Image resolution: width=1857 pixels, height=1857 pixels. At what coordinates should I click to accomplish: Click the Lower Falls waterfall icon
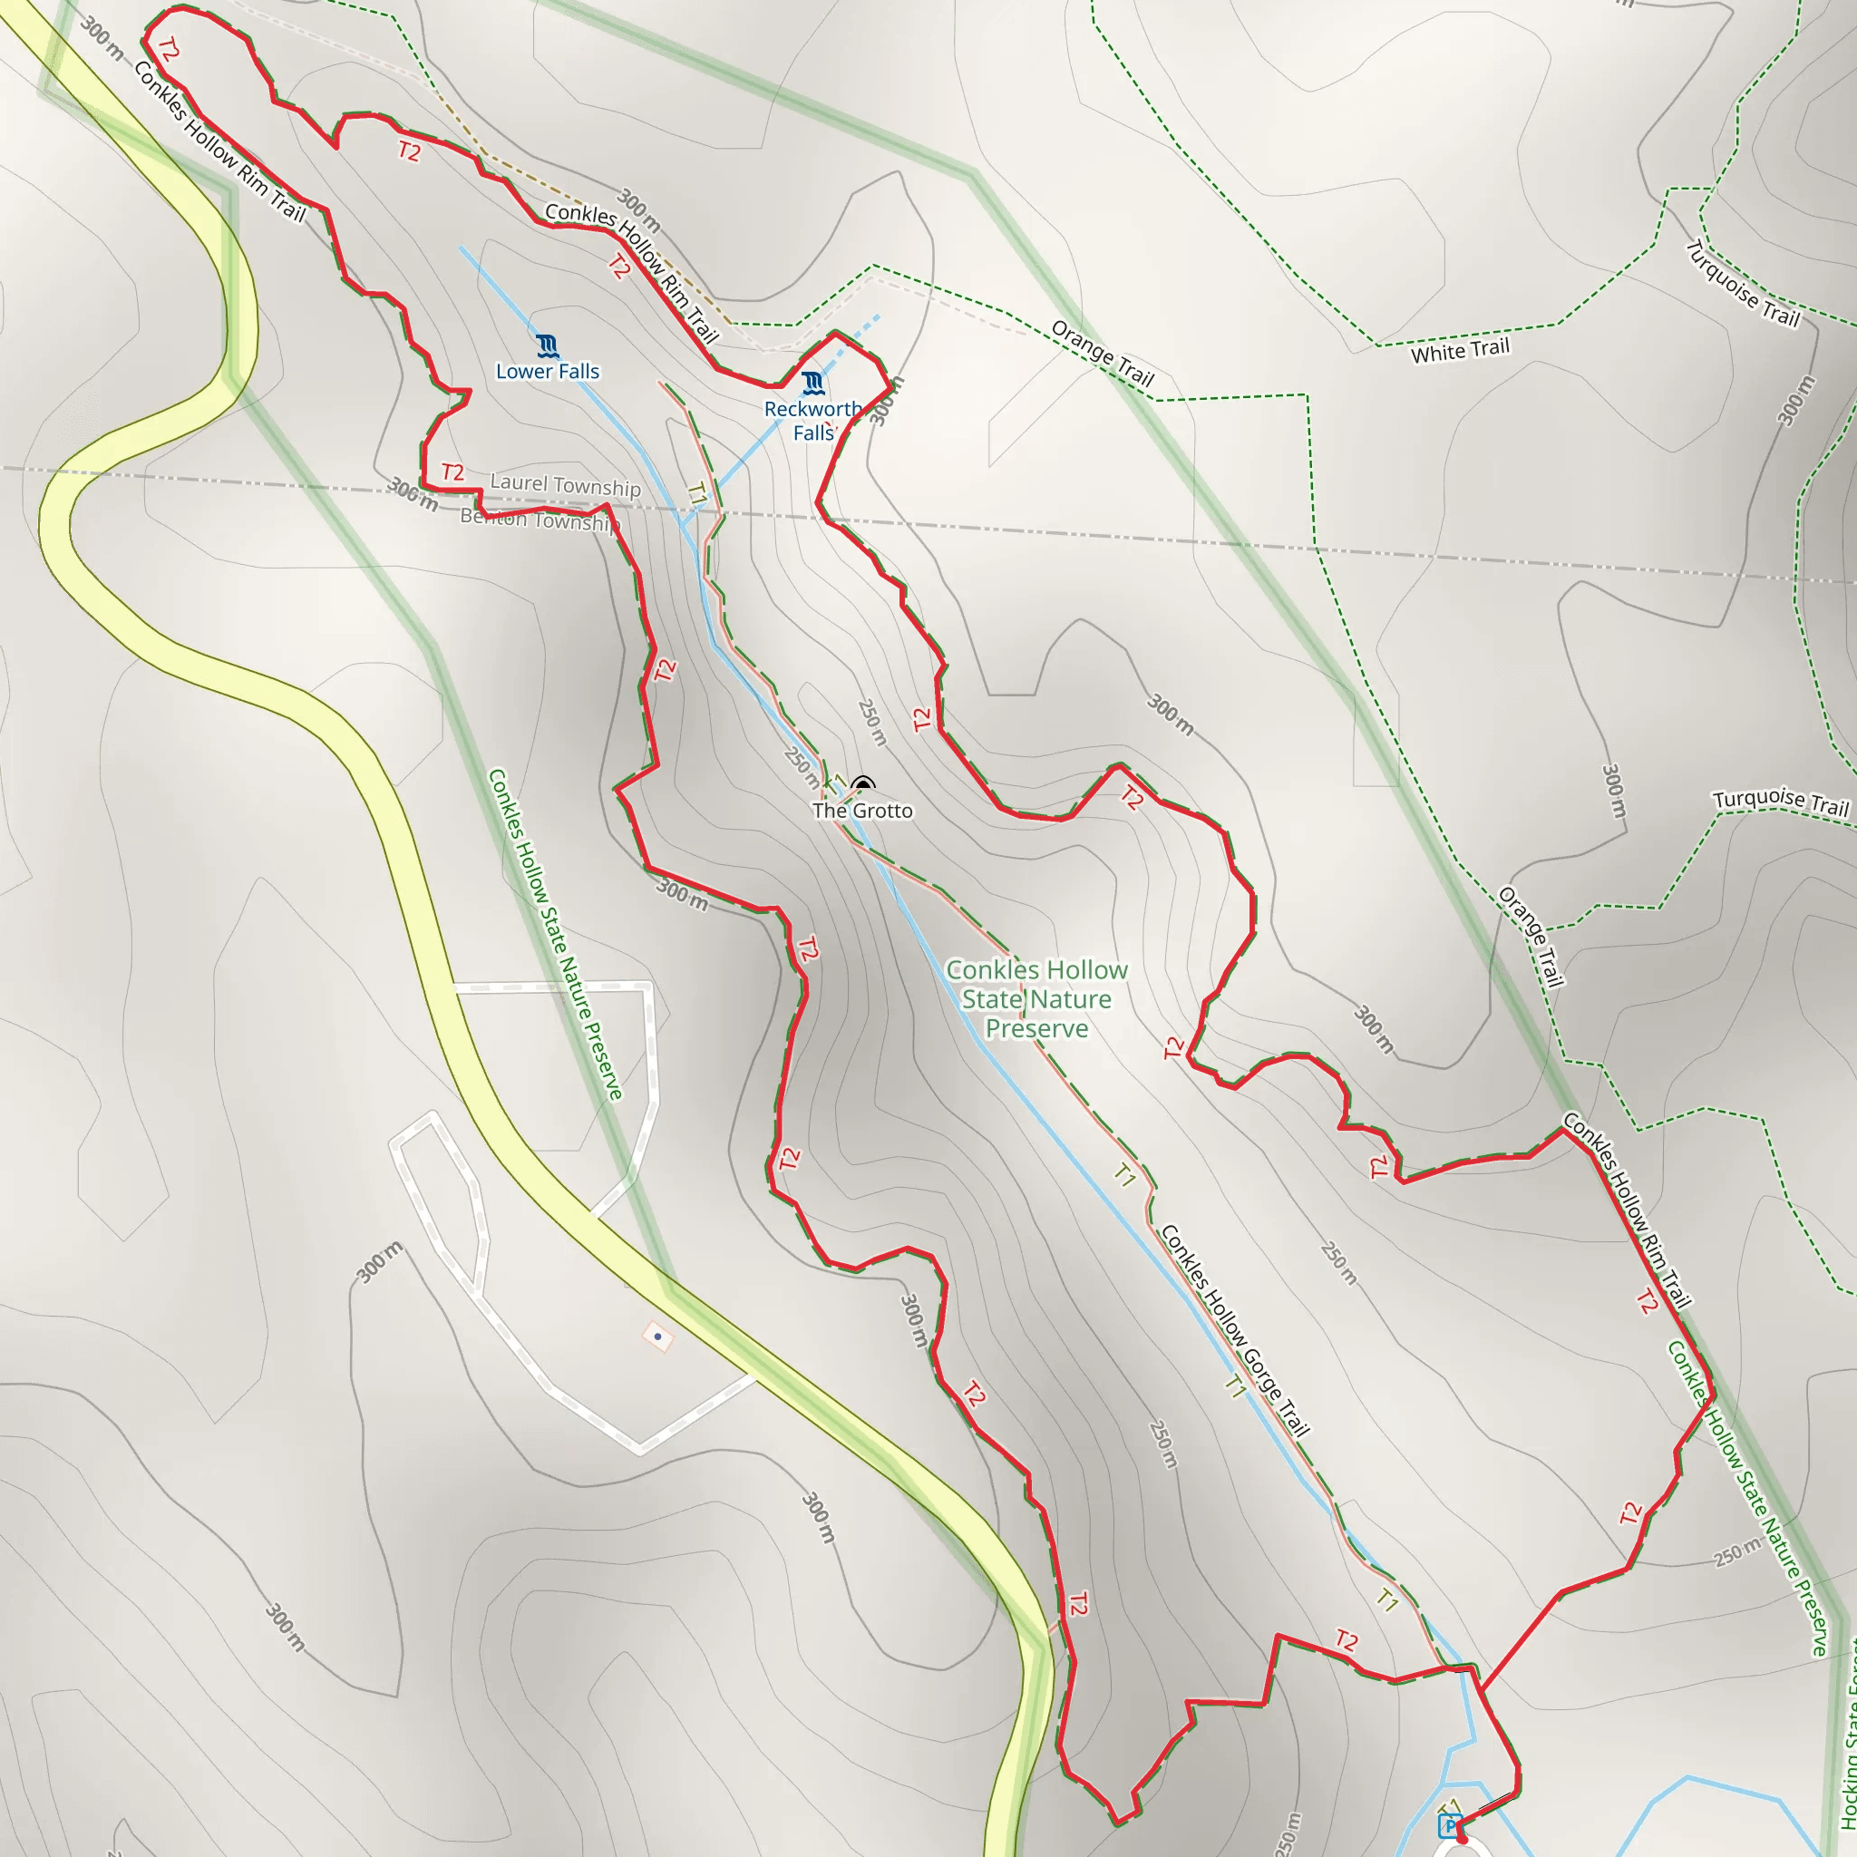[547, 346]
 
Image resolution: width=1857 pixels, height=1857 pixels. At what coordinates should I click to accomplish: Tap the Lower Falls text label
[547, 372]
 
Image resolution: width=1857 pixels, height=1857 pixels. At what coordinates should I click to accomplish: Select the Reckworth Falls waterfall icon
[813, 384]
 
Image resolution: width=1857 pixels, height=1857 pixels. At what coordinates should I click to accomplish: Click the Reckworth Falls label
[813, 421]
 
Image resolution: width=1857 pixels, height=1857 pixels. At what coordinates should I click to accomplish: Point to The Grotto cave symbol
[863, 784]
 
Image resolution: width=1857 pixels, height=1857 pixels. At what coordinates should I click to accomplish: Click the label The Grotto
[862, 812]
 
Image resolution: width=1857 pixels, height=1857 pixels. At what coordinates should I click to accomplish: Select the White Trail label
[1460, 351]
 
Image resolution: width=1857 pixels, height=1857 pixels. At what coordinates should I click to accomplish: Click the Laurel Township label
[565, 485]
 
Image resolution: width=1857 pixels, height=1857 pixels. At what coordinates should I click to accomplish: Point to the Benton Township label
[540, 520]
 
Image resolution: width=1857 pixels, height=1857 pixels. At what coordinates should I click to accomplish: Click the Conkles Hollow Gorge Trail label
[1235, 1330]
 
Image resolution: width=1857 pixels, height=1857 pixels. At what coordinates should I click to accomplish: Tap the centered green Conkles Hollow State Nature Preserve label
[1036, 999]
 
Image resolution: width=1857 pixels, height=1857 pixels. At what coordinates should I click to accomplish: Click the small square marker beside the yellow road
[657, 1336]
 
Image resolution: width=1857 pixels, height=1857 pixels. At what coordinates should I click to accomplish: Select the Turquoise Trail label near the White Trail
[1742, 284]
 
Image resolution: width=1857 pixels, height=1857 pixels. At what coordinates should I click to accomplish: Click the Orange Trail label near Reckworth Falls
[1103, 353]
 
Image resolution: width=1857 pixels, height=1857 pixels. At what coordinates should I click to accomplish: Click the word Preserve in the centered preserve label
[1036, 1029]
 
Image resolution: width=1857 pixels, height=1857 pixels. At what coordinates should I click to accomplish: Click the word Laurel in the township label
[519, 481]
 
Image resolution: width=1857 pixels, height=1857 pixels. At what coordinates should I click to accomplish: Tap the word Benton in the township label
[493, 516]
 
